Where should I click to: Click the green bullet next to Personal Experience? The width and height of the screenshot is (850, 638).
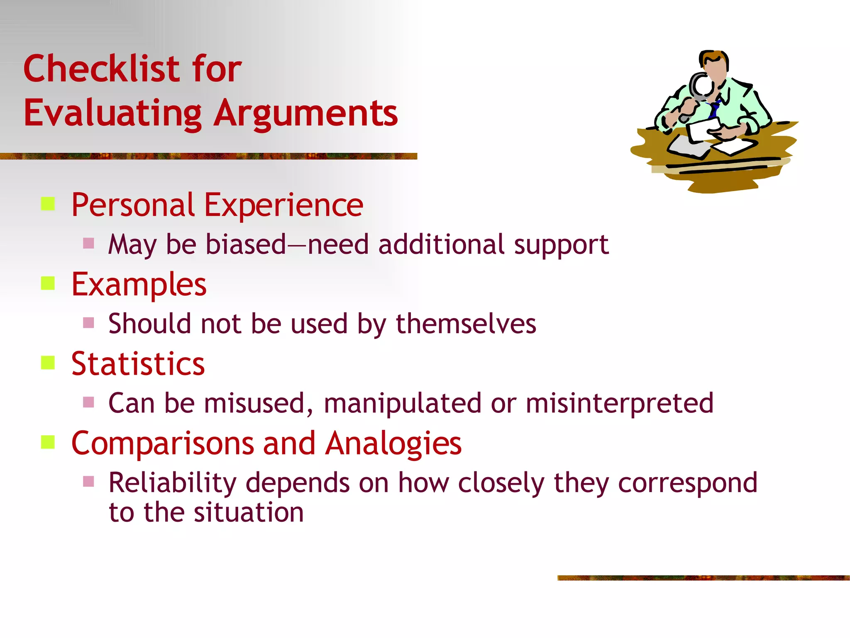point(48,204)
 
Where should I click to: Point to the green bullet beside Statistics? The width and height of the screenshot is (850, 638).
point(48,363)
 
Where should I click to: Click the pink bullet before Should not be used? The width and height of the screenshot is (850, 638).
point(88,323)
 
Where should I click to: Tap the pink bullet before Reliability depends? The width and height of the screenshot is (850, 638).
point(88,481)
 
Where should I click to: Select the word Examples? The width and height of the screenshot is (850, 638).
point(139,285)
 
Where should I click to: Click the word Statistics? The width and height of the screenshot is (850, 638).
point(138,364)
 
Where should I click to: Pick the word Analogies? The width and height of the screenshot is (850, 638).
point(393,444)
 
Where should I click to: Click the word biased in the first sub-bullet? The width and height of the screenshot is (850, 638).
point(246,244)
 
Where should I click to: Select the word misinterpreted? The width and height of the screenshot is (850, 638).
point(619,403)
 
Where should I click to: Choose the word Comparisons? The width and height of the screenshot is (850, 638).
point(162,444)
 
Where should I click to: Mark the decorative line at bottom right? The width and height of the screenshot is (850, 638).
point(703,578)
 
